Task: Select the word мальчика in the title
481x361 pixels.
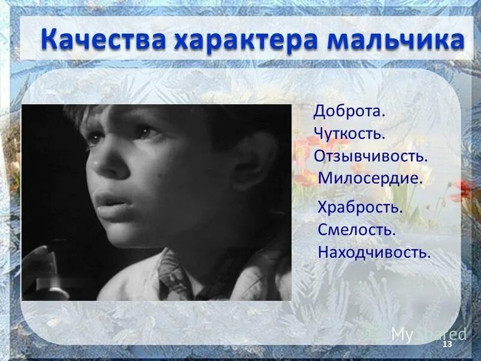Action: pos(391,40)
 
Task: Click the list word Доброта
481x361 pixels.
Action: pos(349,112)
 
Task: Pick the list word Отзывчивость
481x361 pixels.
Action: pos(370,155)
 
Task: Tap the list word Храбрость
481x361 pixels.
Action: pos(360,208)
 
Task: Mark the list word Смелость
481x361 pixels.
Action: pos(357,230)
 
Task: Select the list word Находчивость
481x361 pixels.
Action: pos(375,252)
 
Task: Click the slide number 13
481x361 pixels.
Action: pos(446,344)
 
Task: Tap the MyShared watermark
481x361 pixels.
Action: pos(428,334)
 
